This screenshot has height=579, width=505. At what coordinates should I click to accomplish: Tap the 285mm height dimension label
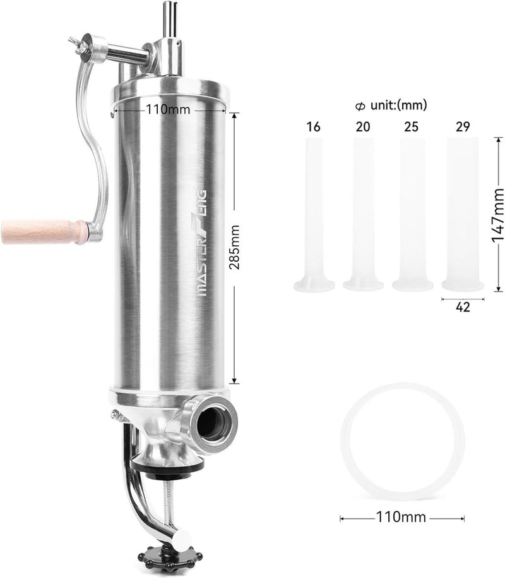[235, 247]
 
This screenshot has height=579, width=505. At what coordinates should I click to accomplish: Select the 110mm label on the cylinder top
[168, 110]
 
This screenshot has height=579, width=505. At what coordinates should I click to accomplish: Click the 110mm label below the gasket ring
[401, 517]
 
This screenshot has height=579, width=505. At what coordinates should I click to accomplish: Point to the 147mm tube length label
[498, 214]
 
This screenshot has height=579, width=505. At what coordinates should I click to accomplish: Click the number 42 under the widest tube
[463, 307]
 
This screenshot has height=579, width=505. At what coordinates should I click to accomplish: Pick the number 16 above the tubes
[313, 126]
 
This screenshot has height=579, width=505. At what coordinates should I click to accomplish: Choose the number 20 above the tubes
[363, 126]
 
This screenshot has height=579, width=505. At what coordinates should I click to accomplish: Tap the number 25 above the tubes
[412, 126]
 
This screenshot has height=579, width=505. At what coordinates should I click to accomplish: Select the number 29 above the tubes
[463, 126]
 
